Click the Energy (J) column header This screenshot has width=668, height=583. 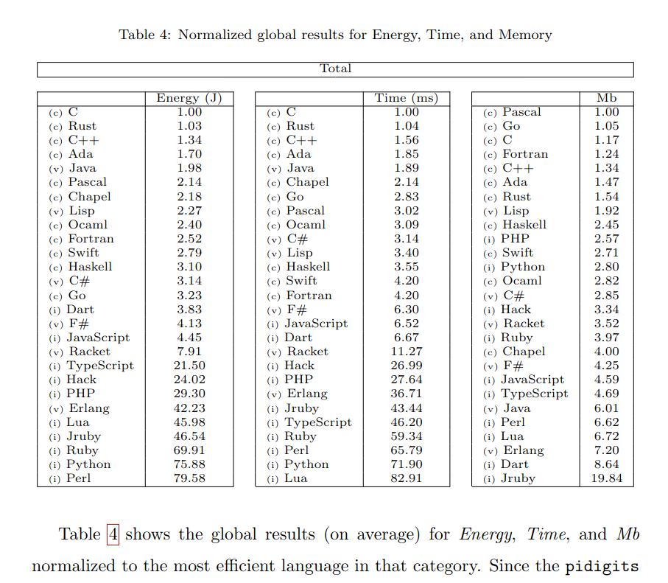(189, 98)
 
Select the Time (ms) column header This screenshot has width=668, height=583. (406, 98)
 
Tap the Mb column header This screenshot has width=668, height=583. (607, 98)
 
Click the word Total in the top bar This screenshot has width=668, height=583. (335, 69)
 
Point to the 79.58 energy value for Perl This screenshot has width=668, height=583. (189, 478)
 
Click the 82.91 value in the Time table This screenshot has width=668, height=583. (406, 478)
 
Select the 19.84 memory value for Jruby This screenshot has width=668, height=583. (607, 478)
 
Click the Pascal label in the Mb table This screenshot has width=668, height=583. (521, 112)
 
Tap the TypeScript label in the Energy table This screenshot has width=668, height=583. (100, 366)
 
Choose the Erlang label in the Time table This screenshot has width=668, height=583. (306, 394)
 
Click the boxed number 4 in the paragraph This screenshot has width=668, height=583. (113, 534)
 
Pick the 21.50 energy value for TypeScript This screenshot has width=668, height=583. (189, 366)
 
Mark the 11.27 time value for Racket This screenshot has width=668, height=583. (406, 352)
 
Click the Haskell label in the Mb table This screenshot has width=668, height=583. (524, 225)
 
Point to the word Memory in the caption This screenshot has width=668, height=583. (525, 35)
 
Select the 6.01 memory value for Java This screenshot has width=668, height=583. (607, 408)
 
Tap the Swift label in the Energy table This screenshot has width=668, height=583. (84, 253)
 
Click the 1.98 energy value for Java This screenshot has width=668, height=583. (189, 169)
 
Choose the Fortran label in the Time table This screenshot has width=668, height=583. (309, 296)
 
